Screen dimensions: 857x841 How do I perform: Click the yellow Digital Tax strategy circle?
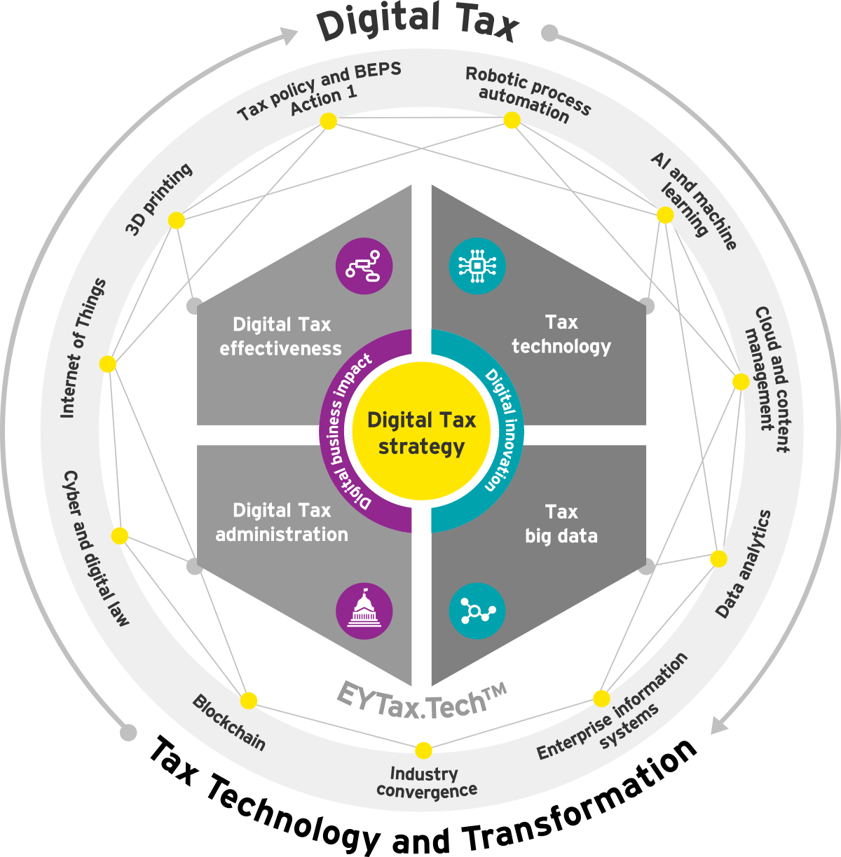point(422,432)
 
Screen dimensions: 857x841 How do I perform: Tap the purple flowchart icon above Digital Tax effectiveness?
point(364,266)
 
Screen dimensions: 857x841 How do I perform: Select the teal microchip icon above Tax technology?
point(477,266)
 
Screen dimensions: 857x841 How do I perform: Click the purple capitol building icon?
point(364,610)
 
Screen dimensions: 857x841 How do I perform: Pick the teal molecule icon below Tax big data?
point(477,610)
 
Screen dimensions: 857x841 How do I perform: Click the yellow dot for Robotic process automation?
point(512,121)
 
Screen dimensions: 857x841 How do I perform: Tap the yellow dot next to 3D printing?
point(177,221)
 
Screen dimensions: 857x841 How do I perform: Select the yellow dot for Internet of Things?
point(107,364)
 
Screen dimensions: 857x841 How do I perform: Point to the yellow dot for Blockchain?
point(249,700)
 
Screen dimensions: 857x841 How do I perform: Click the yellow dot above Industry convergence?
point(423,750)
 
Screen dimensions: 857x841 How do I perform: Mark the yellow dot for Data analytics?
point(718,559)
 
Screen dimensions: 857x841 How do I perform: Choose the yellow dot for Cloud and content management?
point(741,382)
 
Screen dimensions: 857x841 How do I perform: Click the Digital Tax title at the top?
point(418,23)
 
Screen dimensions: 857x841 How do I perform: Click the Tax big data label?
point(561,524)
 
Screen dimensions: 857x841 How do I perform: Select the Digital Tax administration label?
point(282,522)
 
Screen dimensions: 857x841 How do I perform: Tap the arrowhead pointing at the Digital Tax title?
point(289,36)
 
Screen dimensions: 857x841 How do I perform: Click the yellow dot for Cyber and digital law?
point(120,536)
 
